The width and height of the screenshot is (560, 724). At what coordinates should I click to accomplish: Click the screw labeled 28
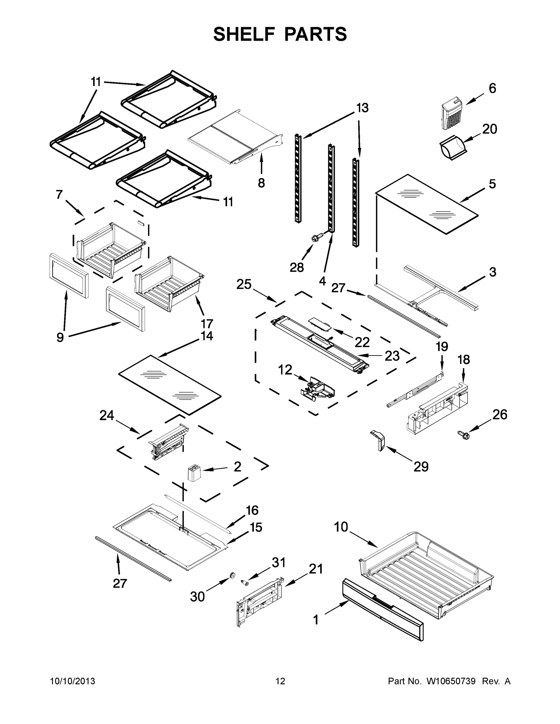315,238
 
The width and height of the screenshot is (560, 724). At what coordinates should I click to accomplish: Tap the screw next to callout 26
463,435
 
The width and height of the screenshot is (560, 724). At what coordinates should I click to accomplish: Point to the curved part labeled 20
453,148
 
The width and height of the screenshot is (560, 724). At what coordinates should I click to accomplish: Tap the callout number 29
421,467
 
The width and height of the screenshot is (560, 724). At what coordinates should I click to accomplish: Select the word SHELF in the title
244,34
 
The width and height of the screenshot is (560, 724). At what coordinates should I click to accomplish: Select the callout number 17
207,323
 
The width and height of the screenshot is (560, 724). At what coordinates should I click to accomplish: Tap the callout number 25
244,284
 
